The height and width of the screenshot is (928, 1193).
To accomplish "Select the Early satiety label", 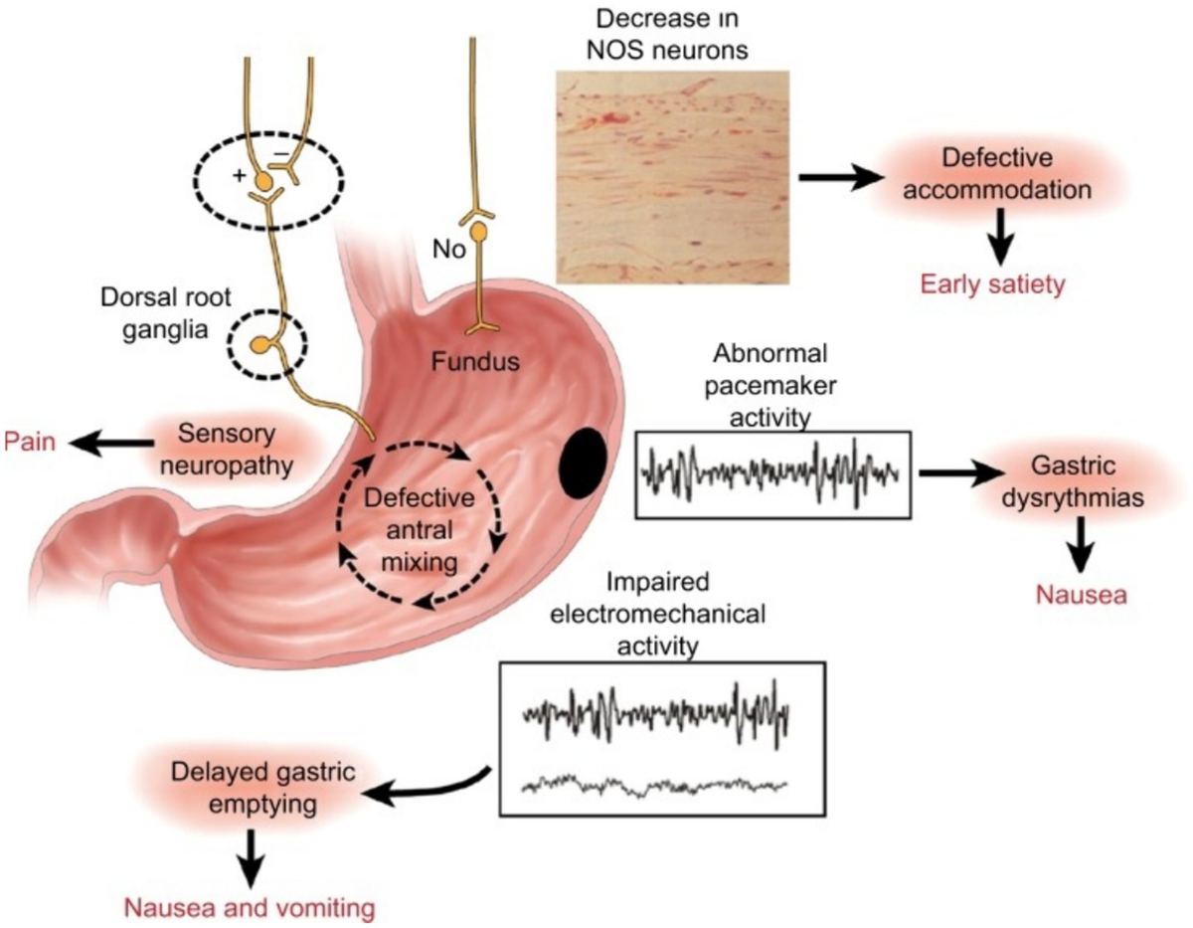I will point(991,284).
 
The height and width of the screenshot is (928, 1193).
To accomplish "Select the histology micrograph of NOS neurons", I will point(672,177).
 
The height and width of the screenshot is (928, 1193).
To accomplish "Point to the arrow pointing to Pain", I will point(102,442).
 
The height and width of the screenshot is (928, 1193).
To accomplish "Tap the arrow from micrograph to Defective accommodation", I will point(840,176).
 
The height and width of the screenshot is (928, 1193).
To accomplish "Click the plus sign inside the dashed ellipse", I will point(238,175).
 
